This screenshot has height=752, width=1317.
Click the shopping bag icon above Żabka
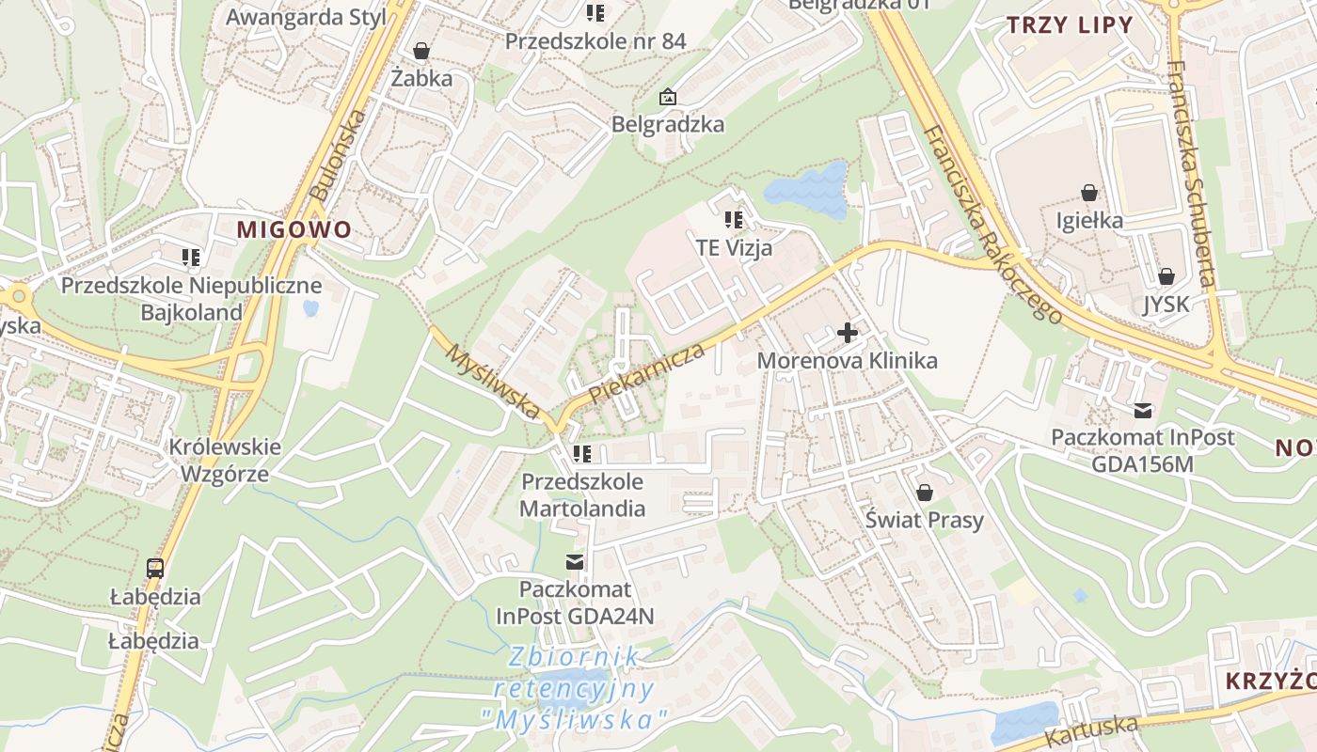pyautogui.click(x=421, y=50)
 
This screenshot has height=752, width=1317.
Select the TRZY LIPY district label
pyautogui.click(x=1070, y=25)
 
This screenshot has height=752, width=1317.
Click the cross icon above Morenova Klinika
pyautogui.click(x=847, y=333)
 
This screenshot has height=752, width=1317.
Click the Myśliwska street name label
pyautogui.click(x=492, y=382)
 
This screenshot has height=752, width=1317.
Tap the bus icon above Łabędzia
pyautogui.click(x=155, y=568)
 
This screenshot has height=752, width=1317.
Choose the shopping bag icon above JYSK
pyautogui.click(x=1166, y=276)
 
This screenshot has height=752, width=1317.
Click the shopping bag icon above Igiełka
pyautogui.click(x=1089, y=193)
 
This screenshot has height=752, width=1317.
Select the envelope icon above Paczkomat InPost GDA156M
pyautogui.click(x=1143, y=410)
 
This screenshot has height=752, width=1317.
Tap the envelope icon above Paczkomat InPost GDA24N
pyautogui.click(x=574, y=562)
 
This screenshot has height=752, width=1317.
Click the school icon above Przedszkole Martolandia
pyautogui.click(x=582, y=454)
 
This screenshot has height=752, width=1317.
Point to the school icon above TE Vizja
pyautogui.click(x=734, y=220)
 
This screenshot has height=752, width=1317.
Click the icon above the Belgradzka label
pyautogui.click(x=667, y=96)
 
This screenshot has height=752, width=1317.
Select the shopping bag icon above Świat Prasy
pyautogui.click(x=925, y=493)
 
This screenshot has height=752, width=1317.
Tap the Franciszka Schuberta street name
pyautogui.click(x=1191, y=174)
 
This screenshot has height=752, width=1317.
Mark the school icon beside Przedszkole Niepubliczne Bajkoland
pyautogui.click(x=192, y=257)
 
